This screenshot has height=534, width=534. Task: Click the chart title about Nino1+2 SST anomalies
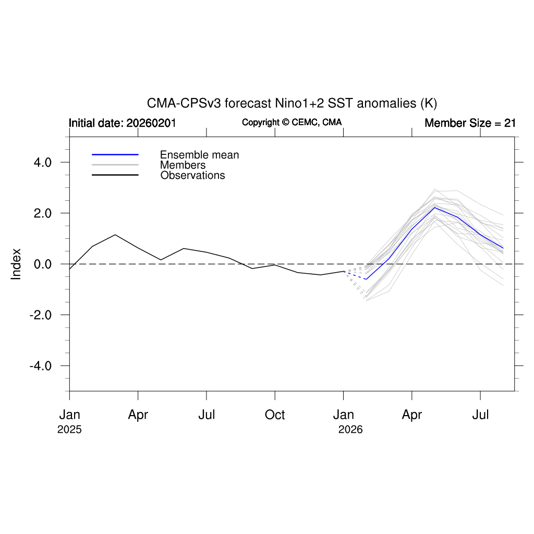292,103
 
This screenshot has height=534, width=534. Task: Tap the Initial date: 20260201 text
123,123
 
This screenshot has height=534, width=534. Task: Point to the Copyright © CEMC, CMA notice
292,122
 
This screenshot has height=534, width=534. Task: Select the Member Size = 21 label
470,123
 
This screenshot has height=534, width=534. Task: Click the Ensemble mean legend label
199,155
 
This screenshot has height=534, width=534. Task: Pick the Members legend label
183,165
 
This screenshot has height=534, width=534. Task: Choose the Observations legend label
192,175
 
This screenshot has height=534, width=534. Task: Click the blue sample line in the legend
115,155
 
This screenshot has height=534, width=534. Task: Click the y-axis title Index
16,264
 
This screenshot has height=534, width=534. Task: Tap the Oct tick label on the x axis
275,415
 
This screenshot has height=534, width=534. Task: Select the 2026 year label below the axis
350,430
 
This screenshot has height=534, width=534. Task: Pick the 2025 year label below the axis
69,430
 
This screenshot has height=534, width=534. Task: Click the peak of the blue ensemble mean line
434,208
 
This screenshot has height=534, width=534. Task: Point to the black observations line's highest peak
115,235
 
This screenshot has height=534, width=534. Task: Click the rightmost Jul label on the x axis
480,415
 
